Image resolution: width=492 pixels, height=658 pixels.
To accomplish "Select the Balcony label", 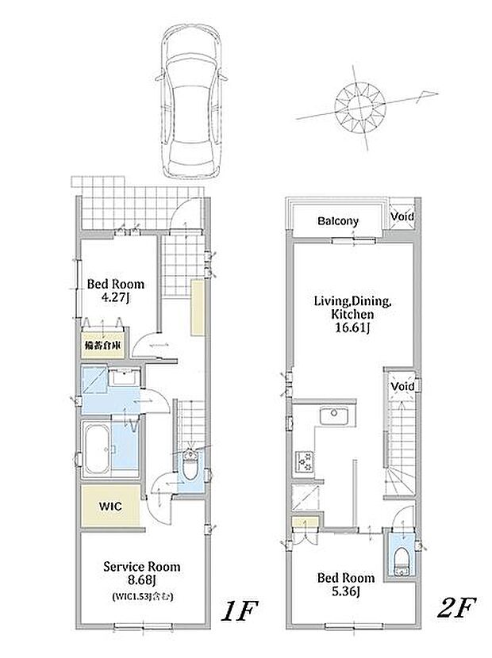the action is point(338,221).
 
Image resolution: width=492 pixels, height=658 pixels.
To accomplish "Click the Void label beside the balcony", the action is point(402,216).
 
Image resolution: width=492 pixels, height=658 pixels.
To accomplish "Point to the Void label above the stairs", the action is point(402,386).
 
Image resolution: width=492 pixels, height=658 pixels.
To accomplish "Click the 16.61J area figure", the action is point(352,327).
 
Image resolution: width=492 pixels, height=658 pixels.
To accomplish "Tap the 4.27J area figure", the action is point(115,297).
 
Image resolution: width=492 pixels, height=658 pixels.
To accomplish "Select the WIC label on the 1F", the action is point(111,506).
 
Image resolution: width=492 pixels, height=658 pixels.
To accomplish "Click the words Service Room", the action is point(142,567).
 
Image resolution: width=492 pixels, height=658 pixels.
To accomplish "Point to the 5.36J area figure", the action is point(345,591).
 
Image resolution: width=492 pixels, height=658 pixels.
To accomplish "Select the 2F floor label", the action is point(455,607).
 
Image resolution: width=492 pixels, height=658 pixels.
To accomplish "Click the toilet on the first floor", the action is point(190,465).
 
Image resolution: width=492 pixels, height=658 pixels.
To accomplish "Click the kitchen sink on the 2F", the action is point(334,416).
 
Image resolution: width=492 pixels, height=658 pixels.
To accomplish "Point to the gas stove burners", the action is point(305,461).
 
